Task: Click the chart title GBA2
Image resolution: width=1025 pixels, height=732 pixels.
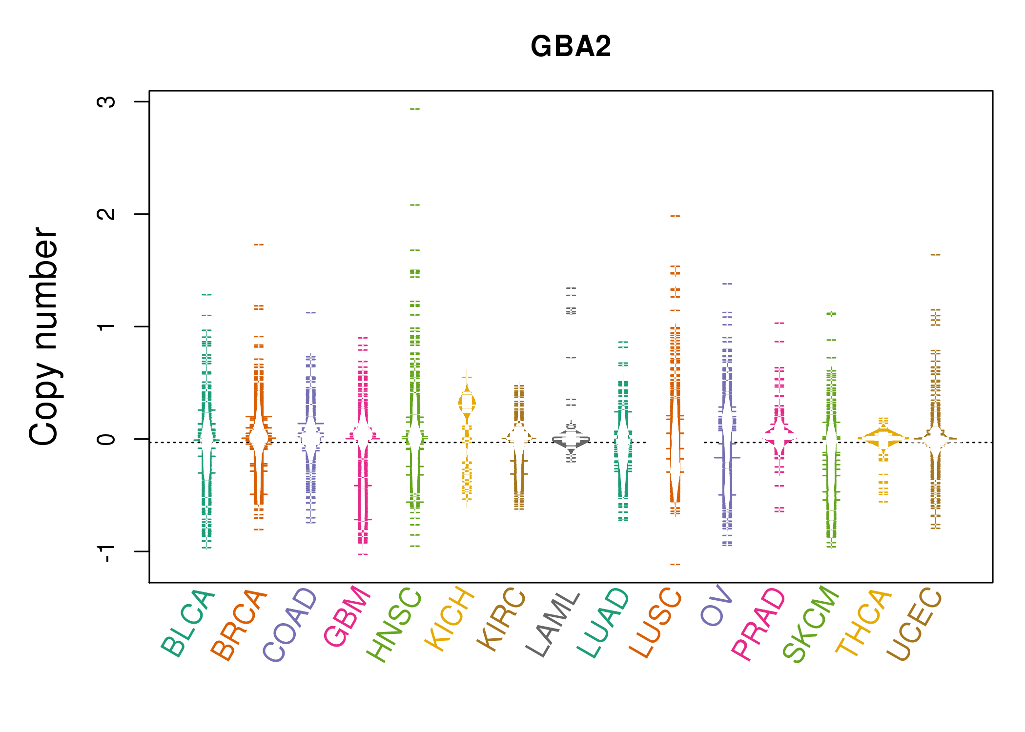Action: (571, 46)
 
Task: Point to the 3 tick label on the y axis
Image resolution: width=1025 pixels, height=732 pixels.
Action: (106, 102)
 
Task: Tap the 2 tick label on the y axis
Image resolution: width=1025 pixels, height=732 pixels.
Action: (106, 214)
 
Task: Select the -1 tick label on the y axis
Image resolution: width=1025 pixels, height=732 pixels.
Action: (106, 553)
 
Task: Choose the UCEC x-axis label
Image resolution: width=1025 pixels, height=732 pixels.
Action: (914, 625)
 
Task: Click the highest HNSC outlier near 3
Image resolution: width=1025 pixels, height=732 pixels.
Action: (415, 109)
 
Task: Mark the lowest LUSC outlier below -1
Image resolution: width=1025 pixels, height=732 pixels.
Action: (675, 565)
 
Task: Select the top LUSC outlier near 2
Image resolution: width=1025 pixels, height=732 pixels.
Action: (675, 216)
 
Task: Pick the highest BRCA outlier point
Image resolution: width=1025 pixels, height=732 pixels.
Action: (259, 244)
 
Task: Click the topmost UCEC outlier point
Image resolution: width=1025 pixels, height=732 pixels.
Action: (935, 255)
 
